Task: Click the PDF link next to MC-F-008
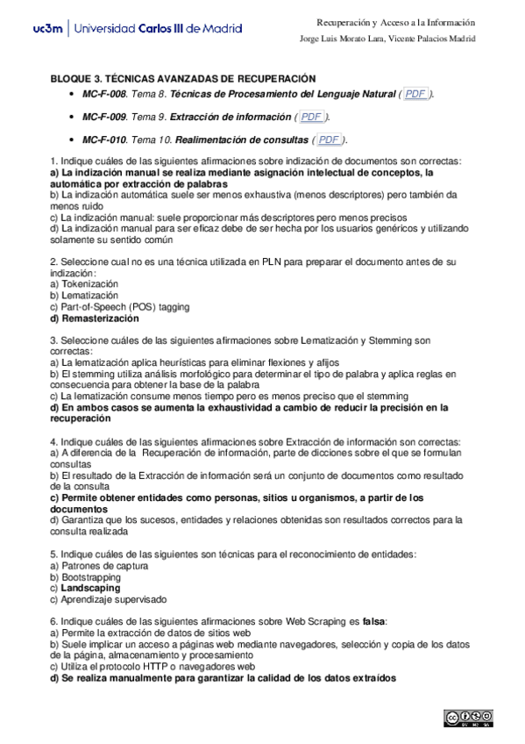click(415, 94)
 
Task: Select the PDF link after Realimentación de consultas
click(329, 139)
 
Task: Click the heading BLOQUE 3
click(183, 78)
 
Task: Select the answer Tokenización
click(88, 284)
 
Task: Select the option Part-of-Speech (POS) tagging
click(119, 307)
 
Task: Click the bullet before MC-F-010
click(70, 139)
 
